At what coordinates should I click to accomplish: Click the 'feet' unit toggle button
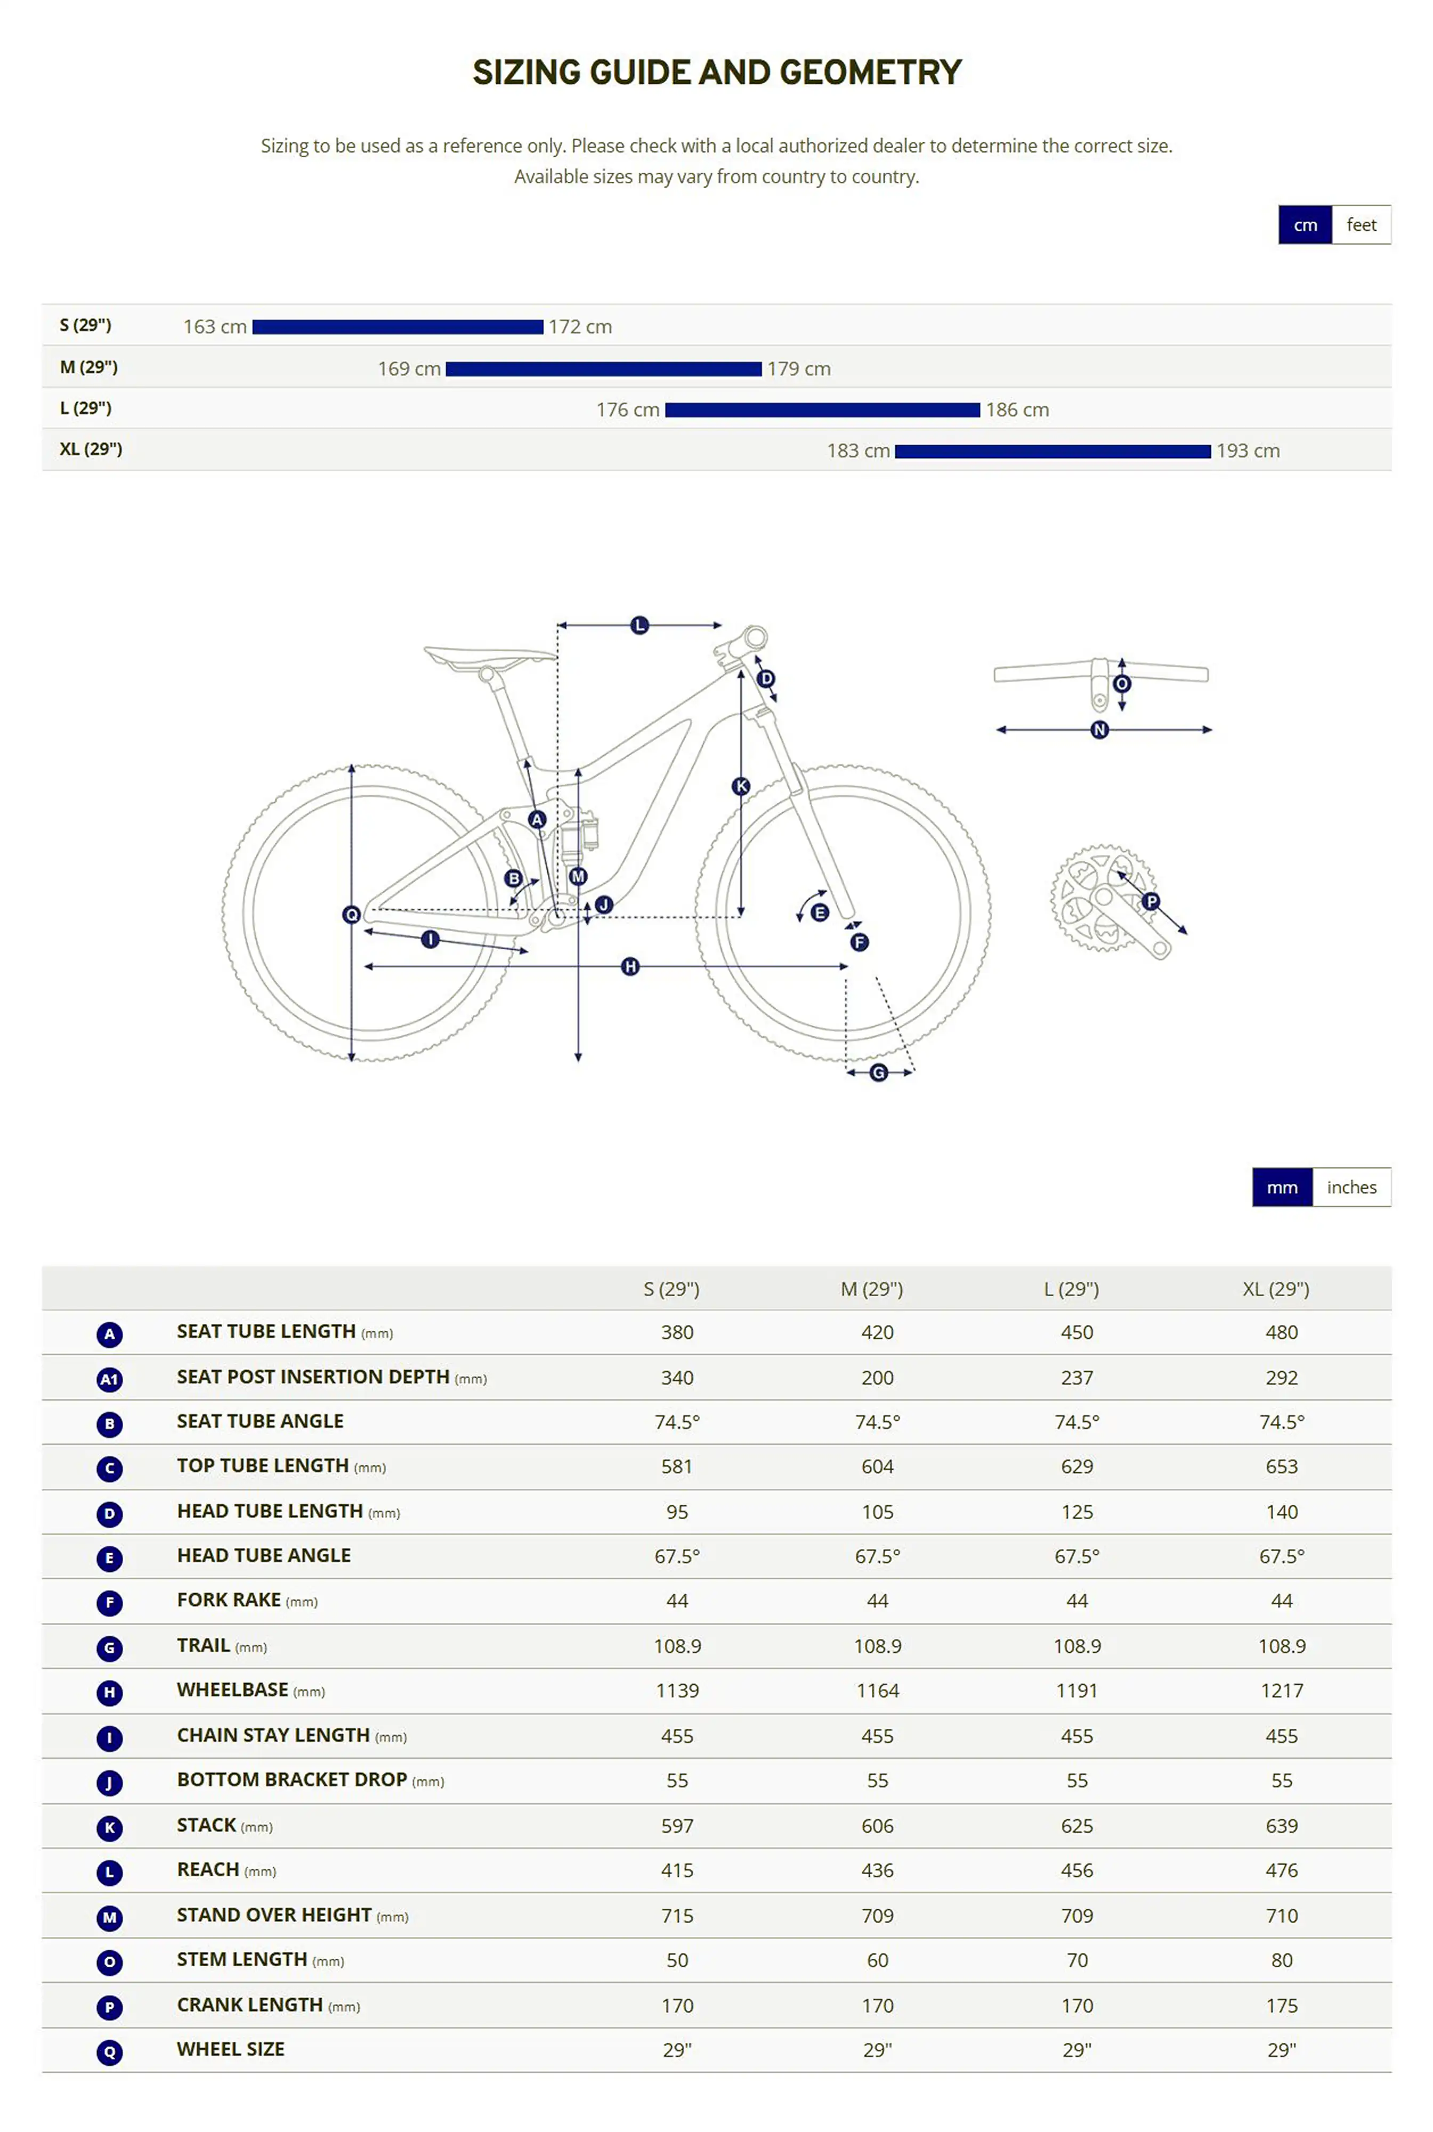(x=1361, y=225)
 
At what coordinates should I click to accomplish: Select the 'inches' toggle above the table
(x=1351, y=1187)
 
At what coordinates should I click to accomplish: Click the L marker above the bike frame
(x=639, y=625)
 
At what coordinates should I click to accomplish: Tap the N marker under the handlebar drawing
(x=1099, y=729)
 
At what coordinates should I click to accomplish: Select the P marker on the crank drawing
(x=1151, y=901)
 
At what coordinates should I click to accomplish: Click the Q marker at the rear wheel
(x=351, y=914)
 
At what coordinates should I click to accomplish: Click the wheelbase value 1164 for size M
(x=877, y=1691)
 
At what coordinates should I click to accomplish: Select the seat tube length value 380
(x=677, y=1332)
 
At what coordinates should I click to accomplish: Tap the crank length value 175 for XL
(x=1281, y=2005)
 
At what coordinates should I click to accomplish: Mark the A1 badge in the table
(x=110, y=1379)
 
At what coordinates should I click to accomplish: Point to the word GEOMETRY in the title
(x=870, y=72)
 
